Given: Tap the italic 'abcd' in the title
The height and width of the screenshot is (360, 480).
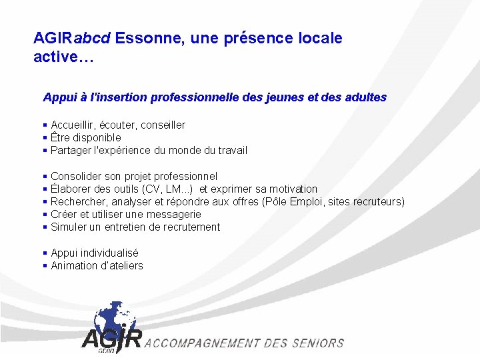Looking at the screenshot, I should [97, 38].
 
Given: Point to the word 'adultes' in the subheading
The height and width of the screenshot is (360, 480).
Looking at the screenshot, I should [365, 97].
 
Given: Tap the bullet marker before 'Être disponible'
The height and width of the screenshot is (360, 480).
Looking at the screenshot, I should [45, 137].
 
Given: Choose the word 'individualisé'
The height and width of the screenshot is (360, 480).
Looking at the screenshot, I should [109, 253].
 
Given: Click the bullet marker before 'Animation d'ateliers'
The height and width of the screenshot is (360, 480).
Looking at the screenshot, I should [45, 265].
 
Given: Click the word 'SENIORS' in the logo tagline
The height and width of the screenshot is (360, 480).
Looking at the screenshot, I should [317, 343].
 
